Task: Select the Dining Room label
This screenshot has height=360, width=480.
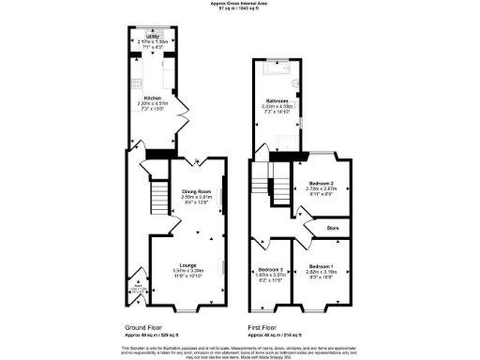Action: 197,190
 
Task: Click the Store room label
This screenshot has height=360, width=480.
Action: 331,227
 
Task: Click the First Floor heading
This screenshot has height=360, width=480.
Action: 267,327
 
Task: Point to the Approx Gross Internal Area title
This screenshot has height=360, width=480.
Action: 240,4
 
